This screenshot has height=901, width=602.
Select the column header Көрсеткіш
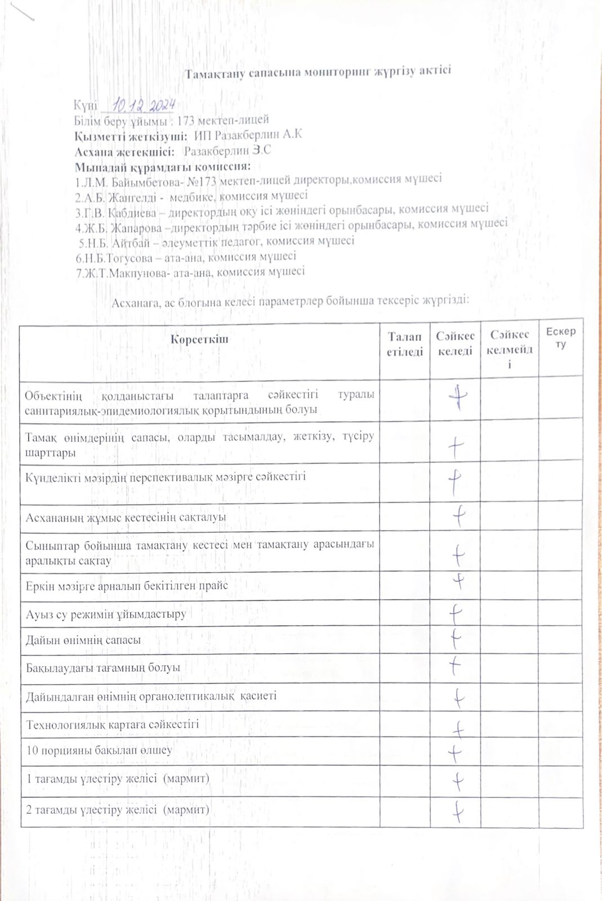coord(199,340)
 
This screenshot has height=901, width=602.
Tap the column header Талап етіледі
coord(404,344)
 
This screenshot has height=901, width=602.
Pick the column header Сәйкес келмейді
coord(509,349)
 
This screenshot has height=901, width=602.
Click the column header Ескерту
coord(560,338)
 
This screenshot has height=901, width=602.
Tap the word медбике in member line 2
coord(190,197)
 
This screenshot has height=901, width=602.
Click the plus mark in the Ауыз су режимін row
coord(455,612)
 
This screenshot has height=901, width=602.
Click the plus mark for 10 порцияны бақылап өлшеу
coord(455,752)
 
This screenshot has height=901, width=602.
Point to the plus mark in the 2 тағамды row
coord(458,811)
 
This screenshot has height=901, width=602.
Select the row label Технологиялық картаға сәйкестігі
coord(112,725)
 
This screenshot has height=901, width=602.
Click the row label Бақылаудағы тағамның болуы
coord(103,668)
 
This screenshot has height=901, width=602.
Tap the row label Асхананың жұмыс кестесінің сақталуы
coord(126,516)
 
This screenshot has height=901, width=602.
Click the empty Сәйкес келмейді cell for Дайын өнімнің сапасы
coord(509,640)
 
